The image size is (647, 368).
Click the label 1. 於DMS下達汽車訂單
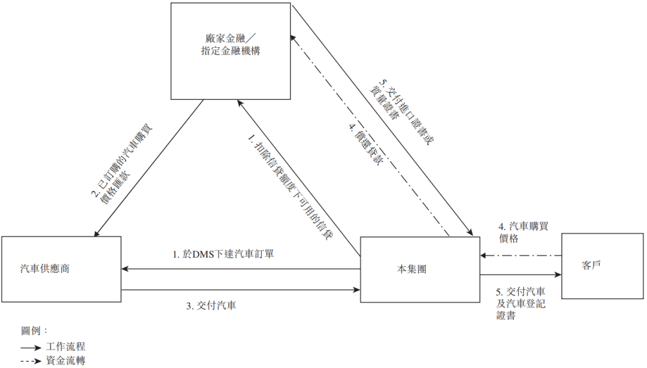click(x=223, y=254)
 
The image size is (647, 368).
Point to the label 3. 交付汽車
click(x=211, y=306)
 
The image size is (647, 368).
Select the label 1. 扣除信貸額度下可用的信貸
click(x=291, y=187)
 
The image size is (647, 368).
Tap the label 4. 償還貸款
click(x=365, y=144)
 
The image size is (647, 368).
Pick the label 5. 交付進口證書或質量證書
click(x=401, y=112)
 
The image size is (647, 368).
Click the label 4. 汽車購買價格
click(x=523, y=232)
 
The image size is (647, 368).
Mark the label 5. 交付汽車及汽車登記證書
click(x=521, y=304)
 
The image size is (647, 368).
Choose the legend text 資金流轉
click(x=66, y=361)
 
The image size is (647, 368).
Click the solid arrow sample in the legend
click(x=31, y=348)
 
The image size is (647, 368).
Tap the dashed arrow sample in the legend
click(x=31, y=361)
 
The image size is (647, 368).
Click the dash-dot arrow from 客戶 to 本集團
click(x=521, y=256)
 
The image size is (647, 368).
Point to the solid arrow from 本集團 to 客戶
click(x=521, y=275)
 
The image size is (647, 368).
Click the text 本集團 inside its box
click(x=412, y=269)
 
